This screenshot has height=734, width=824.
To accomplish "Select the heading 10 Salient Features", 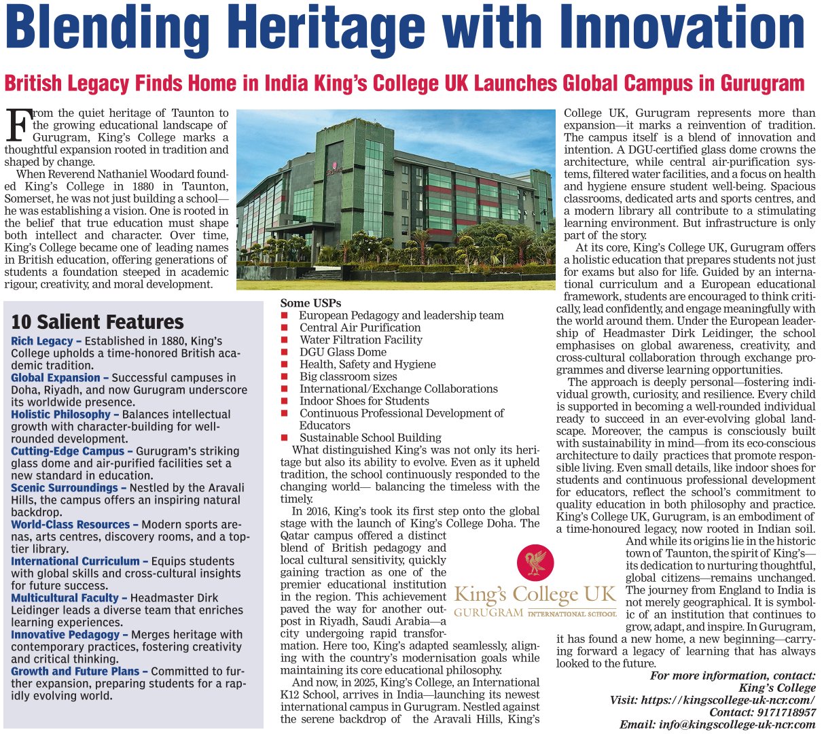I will click(97, 321).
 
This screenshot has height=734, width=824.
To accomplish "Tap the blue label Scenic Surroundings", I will click(65, 488).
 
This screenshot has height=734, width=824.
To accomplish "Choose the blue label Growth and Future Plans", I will click(75, 671).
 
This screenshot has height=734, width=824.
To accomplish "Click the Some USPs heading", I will click(310, 303).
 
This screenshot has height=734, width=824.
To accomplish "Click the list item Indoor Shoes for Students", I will click(364, 401).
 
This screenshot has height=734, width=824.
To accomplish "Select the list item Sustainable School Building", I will click(370, 438).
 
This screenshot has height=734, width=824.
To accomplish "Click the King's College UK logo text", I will click(535, 596).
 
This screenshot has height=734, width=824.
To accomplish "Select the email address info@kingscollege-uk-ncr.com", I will click(737, 724).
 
